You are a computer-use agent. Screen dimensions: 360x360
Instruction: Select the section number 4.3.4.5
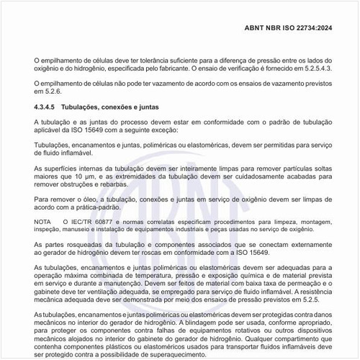click(47, 107)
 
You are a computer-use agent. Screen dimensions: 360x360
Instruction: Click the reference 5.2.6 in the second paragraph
click(52, 91)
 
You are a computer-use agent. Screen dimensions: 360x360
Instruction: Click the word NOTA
click(44, 222)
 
